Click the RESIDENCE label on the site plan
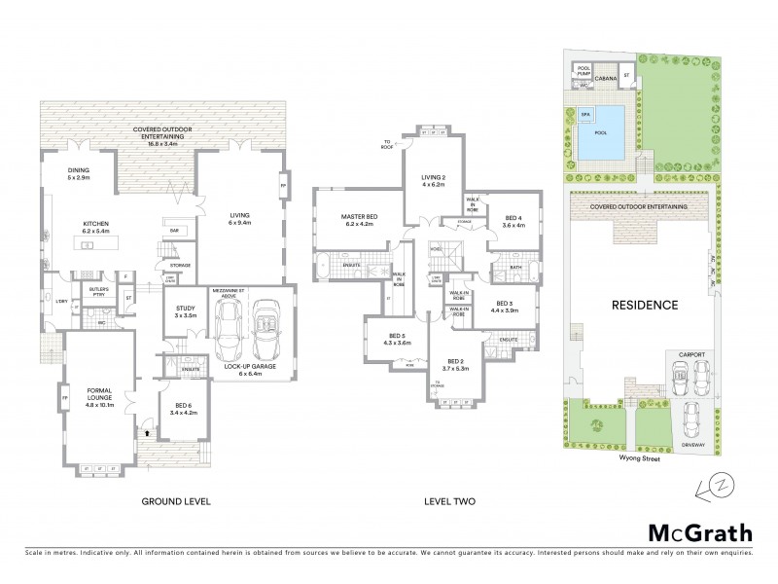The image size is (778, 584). click(x=644, y=304)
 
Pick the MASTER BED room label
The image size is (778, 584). click(x=357, y=220)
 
